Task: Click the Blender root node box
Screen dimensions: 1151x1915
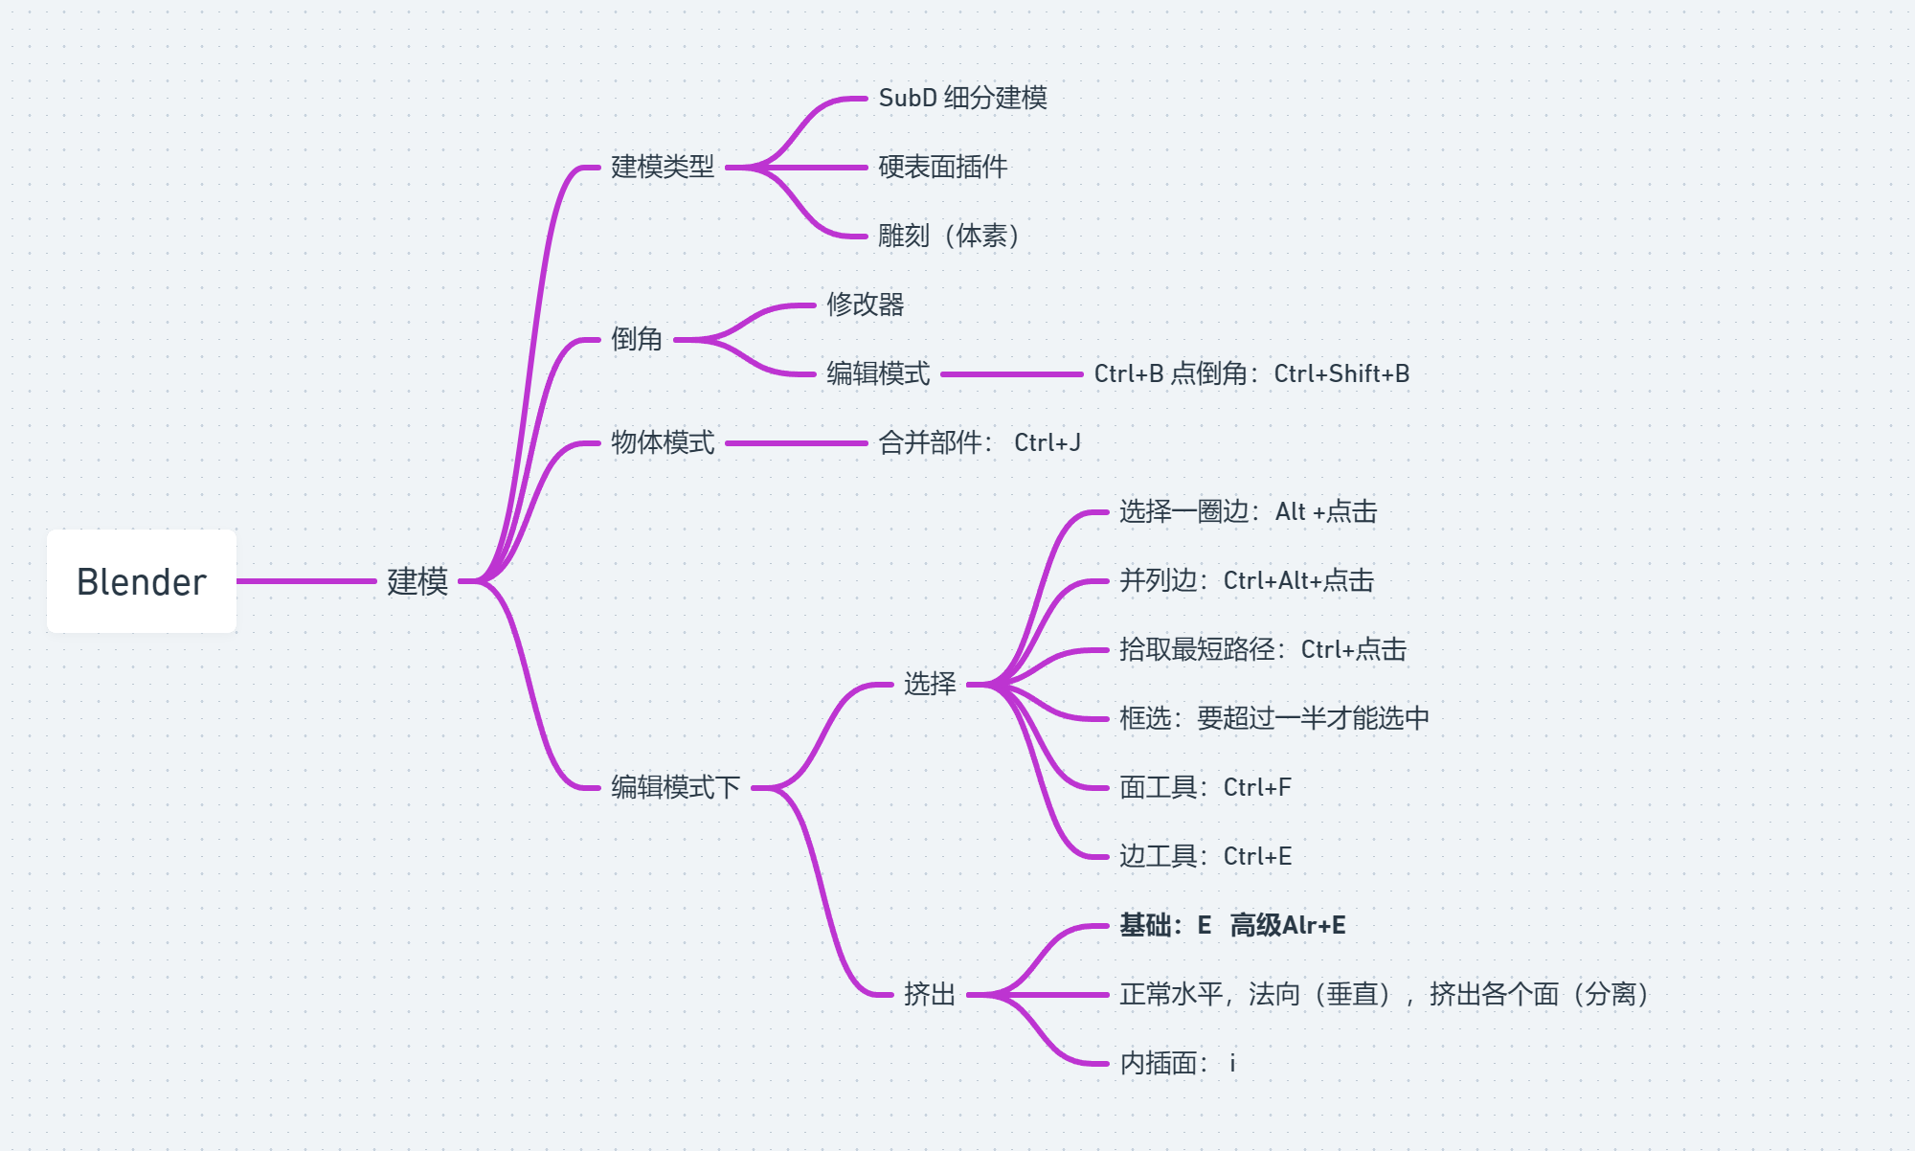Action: coord(142,581)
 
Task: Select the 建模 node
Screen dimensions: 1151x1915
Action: coord(417,581)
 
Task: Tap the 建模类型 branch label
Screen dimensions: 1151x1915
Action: coord(663,167)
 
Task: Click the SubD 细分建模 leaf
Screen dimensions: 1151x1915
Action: coord(962,98)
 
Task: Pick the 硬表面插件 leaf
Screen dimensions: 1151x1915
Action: coord(942,167)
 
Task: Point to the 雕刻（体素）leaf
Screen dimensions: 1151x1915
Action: coord(948,236)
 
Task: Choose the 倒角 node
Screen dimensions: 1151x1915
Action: coord(637,339)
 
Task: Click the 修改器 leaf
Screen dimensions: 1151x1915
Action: coord(865,305)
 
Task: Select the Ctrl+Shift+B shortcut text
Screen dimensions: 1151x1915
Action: coord(1341,373)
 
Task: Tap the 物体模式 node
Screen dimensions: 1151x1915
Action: coord(663,442)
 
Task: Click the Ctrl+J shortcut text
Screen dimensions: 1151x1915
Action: coord(1048,442)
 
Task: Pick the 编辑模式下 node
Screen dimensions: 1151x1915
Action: coord(675,787)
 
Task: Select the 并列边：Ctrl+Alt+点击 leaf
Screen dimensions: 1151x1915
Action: coord(1247,580)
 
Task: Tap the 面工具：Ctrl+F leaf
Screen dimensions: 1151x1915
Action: coord(1205,787)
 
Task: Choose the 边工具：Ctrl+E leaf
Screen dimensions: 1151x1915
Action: coord(1205,856)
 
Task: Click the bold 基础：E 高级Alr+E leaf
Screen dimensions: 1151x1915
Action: coord(1232,925)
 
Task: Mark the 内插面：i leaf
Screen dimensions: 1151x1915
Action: coord(1177,1063)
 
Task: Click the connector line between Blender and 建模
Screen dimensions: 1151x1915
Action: coord(306,581)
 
